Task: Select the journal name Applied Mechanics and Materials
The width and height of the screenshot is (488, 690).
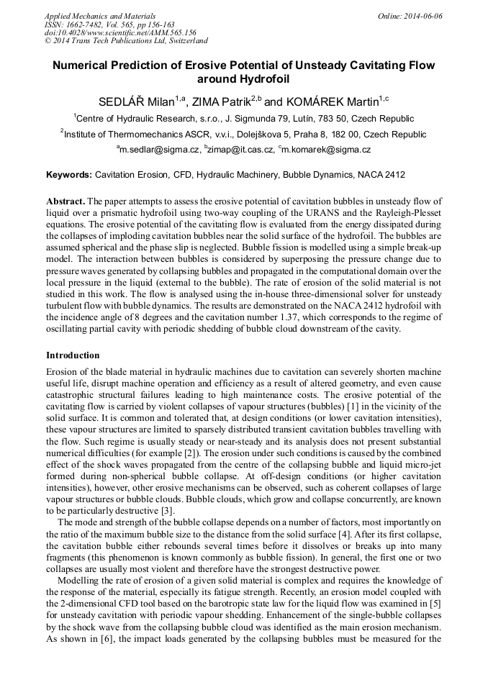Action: [x=100, y=16]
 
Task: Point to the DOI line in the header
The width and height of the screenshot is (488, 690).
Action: [x=120, y=32]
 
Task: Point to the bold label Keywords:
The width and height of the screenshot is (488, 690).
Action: [x=69, y=175]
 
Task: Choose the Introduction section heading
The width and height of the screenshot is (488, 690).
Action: [x=73, y=355]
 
